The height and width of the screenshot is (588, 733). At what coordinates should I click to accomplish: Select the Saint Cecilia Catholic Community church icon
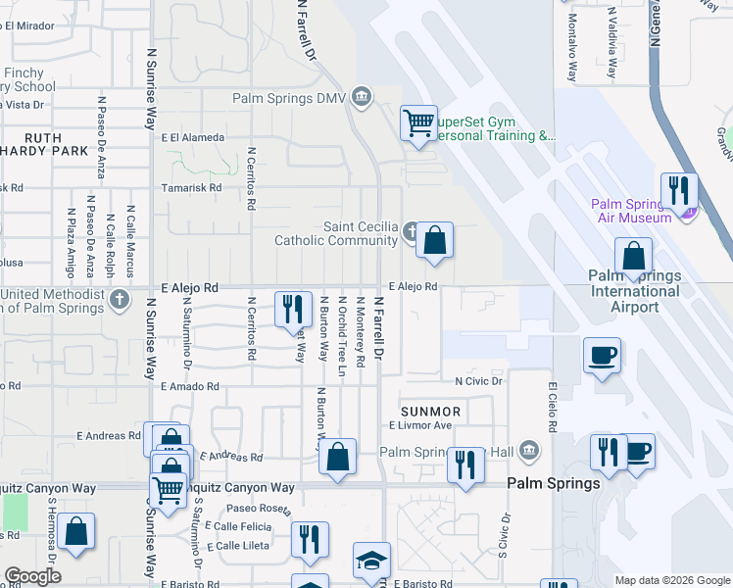pos(412,232)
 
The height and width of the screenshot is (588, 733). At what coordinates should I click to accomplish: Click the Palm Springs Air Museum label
pos(632,211)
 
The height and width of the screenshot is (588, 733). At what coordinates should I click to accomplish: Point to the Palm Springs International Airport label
pos(635,291)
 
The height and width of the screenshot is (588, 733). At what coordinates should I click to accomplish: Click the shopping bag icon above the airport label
pos(634,257)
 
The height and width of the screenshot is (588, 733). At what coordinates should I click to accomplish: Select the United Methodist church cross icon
pos(120,299)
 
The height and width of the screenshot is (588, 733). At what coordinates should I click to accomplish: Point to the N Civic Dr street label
pos(478,380)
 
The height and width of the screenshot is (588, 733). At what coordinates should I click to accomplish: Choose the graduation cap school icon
pos(371,561)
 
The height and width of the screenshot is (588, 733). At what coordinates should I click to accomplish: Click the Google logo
pos(32,576)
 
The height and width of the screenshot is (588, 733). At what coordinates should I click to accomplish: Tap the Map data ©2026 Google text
pos(671,580)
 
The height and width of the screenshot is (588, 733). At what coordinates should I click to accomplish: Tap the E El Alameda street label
pos(193,138)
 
